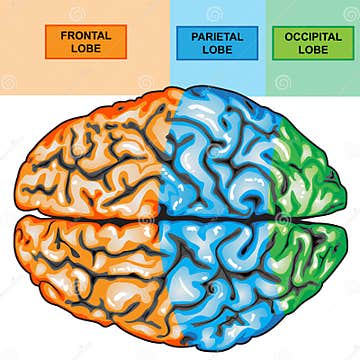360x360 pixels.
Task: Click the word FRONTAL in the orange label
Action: (86, 35)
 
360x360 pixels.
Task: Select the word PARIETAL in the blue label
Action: (217, 36)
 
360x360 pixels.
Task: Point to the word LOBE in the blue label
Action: (217, 49)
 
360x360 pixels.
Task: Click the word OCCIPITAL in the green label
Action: (313, 36)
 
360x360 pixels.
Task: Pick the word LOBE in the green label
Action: (313, 49)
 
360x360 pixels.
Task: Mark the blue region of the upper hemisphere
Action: (220, 160)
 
